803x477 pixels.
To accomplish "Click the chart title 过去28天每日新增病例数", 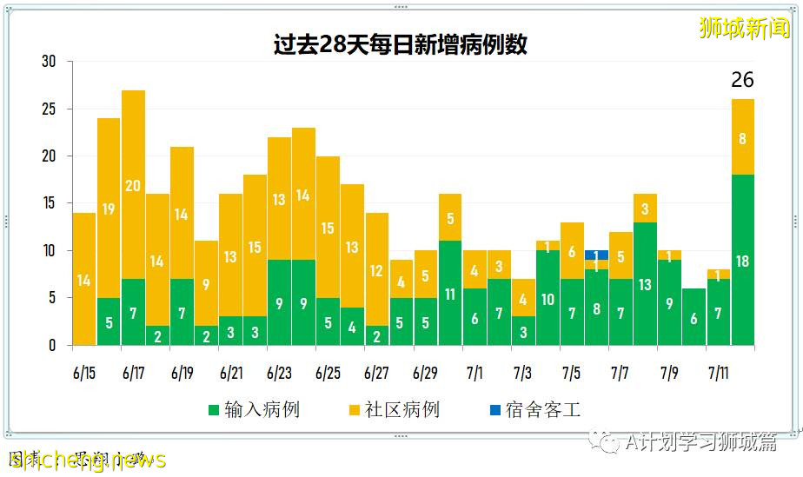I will [x=401, y=44].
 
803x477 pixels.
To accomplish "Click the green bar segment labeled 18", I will [x=743, y=260].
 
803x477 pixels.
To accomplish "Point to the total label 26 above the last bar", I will [x=742, y=80].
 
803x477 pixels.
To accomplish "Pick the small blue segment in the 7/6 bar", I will [x=596, y=255].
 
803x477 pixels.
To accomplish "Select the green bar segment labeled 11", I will [x=449, y=293].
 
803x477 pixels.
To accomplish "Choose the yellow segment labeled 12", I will [x=376, y=270].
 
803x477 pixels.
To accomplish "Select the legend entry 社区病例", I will [x=394, y=410].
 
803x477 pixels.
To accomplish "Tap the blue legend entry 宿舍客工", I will [x=534, y=410].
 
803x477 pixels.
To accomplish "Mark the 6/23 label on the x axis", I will [x=279, y=373].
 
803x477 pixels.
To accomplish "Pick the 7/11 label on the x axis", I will [x=717, y=373].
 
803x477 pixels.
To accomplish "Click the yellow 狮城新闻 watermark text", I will [x=745, y=27].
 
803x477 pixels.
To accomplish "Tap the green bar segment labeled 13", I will [x=645, y=284].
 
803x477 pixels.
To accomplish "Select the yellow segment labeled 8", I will [x=743, y=137].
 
